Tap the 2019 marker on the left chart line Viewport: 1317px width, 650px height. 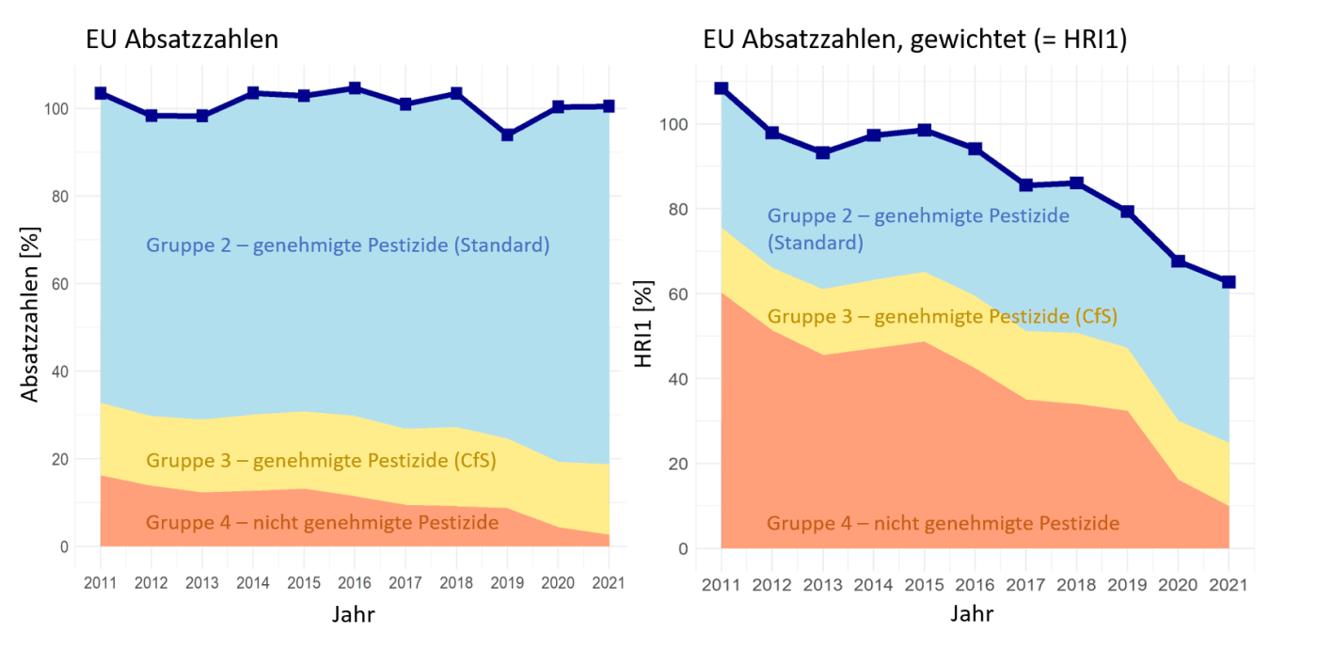[x=507, y=135]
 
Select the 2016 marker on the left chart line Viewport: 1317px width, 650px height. [x=355, y=88]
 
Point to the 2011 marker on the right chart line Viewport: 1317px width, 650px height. [x=722, y=88]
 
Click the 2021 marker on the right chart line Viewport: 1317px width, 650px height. [x=1229, y=282]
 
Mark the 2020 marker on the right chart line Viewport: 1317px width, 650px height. [x=1178, y=262]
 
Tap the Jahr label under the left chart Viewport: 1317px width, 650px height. [x=355, y=614]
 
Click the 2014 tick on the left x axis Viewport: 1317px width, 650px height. [x=252, y=582]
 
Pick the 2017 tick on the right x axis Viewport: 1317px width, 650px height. [x=1025, y=585]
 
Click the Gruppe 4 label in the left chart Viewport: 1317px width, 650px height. [x=322, y=522]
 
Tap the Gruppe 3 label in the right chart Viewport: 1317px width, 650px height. [x=942, y=316]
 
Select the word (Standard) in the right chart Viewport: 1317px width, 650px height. [x=815, y=243]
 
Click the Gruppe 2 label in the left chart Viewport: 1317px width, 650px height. [x=347, y=246]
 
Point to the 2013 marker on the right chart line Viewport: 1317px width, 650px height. [x=823, y=152]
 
